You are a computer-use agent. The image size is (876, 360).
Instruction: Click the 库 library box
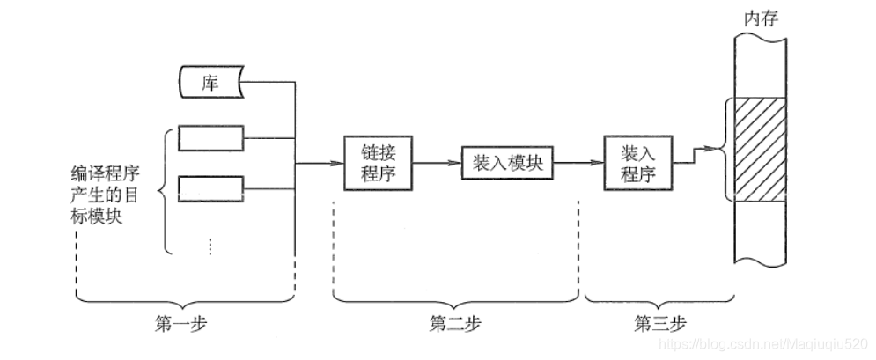coord(210,84)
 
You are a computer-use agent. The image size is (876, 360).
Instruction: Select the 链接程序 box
coord(378,163)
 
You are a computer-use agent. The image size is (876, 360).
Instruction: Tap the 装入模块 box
coord(509,163)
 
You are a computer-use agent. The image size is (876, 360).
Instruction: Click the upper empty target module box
coord(210,138)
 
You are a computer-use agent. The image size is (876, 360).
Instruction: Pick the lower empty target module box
coord(210,188)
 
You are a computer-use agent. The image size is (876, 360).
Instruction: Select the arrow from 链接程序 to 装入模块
coord(437,163)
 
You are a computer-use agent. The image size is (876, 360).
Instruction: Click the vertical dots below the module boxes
coord(210,246)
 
